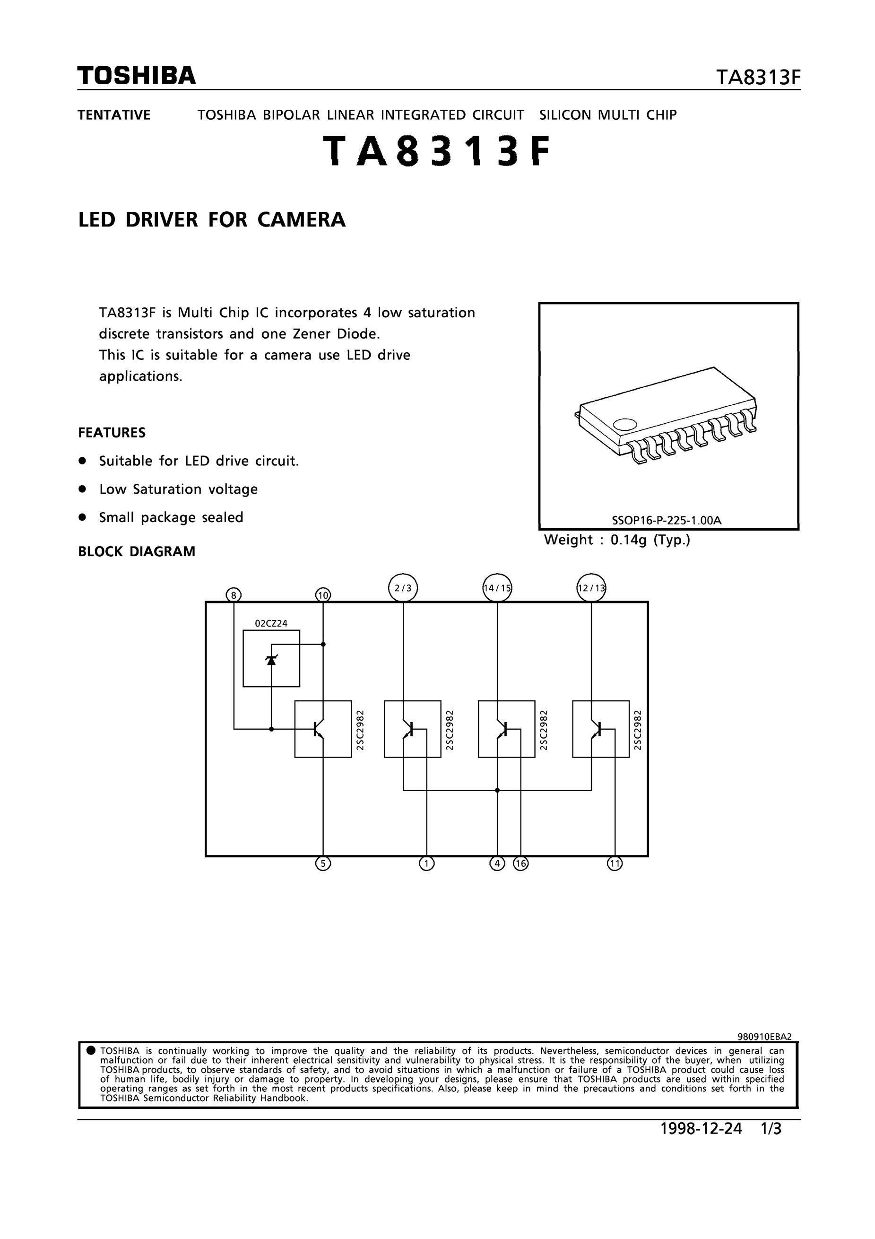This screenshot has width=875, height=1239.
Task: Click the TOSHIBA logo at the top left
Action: pyautogui.click(x=137, y=76)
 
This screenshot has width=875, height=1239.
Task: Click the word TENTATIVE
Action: pyautogui.click(x=114, y=115)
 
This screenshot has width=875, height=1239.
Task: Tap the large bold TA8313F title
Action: pyautogui.click(x=437, y=152)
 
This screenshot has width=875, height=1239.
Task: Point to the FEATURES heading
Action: pyautogui.click(x=112, y=433)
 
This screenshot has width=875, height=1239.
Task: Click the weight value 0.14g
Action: pyautogui.click(x=628, y=540)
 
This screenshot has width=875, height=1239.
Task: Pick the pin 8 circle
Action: pyautogui.click(x=234, y=595)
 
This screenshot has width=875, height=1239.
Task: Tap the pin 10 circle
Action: pyautogui.click(x=323, y=595)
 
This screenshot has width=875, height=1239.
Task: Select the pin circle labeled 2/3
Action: pyautogui.click(x=403, y=588)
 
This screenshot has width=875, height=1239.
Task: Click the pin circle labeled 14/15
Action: pyautogui.click(x=497, y=588)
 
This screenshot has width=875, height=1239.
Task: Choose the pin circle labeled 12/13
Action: pyautogui.click(x=591, y=588)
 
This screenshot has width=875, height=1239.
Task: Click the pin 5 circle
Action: pyautogui.click(x=323, y=864)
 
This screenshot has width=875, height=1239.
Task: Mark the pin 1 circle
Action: pyautogui.click(x=426, y=864)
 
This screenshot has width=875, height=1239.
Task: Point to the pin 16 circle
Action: pyautogui.click(x=520, y=864)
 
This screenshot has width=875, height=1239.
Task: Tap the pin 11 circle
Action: pyautogui.click(x=615, y=864)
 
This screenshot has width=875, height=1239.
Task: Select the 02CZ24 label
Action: pyautogui.click(x=271, y=623)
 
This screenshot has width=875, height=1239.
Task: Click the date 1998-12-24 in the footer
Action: pyautogui.click(x=702, y=1128)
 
